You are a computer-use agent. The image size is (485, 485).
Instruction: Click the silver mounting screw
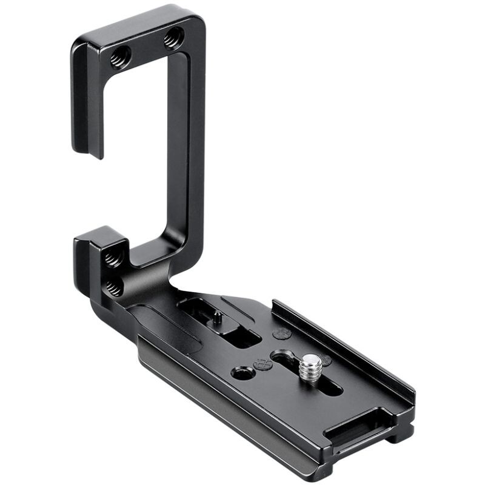coord(312,364)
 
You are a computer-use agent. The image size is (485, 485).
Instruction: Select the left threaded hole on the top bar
coord(118,59)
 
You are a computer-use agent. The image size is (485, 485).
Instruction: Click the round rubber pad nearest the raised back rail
coord(281,333)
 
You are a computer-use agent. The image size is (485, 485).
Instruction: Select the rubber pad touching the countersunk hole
coord(262,365)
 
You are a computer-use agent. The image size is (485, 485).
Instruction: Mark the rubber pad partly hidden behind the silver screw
coord(326,360)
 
